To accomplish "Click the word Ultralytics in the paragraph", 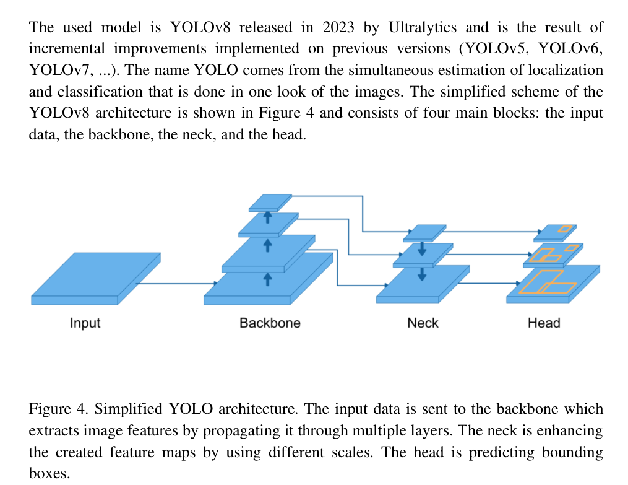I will pyautogui.click(x=423, y=28).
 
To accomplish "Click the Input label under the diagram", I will pyautogui.click(x=85, y=323).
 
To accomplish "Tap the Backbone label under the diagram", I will pyautogui.click(x=270, y=323).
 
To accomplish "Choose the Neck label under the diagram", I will pyautogui.click(x=423, y=323).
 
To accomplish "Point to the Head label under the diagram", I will pyautogui.click(x=544, y=323).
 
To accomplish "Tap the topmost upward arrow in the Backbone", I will pyautogui.click(x=268, y=217).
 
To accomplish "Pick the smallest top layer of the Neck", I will pyautogui.click(x=424, y=232).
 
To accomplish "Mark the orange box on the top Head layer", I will pyautogui.click(x=564, y=229).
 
